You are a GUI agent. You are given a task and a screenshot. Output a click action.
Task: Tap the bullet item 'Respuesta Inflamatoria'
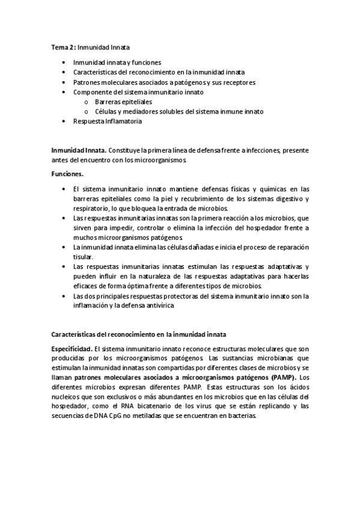point(108,121)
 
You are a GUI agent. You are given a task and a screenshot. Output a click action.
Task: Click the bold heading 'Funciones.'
point(67,173)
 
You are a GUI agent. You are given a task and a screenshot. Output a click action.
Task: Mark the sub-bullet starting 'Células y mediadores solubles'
point(178,111)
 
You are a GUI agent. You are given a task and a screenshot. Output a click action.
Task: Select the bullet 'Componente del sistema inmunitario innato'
point(138,92)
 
